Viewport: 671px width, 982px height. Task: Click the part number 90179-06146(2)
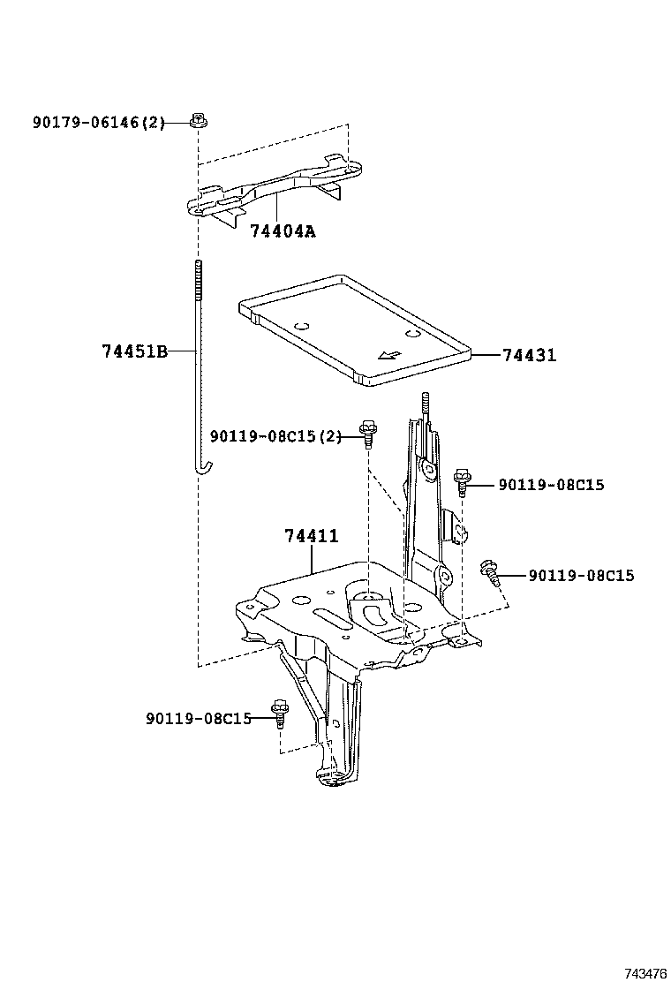click(x=99, y=123)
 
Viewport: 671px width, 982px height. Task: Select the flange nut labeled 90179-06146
click(x=199, y=121)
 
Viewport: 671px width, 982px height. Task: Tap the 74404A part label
click(x=282, y=232)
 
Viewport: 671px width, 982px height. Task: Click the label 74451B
click(x=134, y=351)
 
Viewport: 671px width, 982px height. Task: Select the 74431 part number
click(x=529, y=355)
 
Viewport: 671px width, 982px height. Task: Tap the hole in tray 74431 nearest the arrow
click(x=411, y=335)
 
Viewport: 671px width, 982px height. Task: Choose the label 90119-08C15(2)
click(x=275, y=436)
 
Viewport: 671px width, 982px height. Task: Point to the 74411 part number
click(x=311, y=535)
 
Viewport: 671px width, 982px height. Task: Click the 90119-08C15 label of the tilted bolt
click(x=581, y=576)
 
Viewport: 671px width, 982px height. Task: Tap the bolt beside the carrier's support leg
click(x=280, y=711)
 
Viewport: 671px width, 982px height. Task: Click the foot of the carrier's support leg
click(x=333, y=776)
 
